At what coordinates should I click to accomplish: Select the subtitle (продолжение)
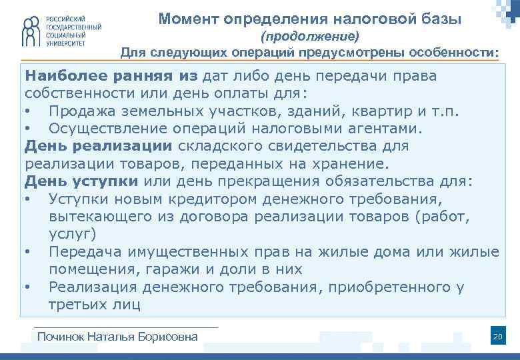click(x=309, y=35)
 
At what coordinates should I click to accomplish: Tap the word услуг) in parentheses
click(x=73, y=233)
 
